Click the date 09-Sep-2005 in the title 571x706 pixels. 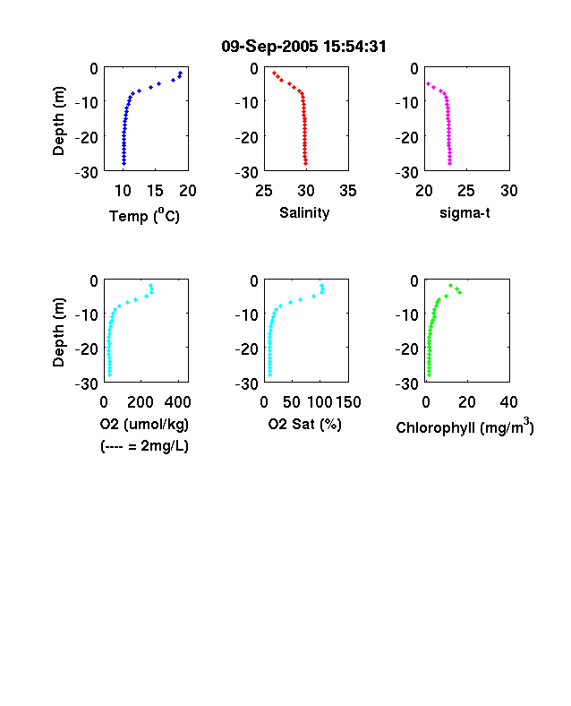click(x=269, y=47)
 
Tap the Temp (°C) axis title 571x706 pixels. click(x=144, y=216)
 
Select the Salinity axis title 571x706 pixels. click(x=304, y=213)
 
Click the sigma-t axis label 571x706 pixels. click(x=464, y=212)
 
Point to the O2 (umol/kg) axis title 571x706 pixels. click(x=144, y=424)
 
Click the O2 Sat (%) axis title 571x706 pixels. click(x=305, y=424)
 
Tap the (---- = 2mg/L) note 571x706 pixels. click(x=144, y=446)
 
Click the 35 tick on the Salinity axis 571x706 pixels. click(x=348, y=191)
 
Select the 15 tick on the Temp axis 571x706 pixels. click(x=155, y=191)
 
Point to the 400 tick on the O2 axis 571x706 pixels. click(x=177, y=402)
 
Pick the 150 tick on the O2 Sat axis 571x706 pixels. click(x=348, y=402)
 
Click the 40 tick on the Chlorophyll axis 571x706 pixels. click(x=508, y=402)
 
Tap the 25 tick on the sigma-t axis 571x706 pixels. click(x=466, y=191)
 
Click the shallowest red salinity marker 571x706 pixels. click(x=274, y=73)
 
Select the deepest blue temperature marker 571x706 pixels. click(x=124, y=163)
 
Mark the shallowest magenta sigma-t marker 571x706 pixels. click(x=428, y=83)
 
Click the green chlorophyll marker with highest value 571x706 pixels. click(x=459, y=293)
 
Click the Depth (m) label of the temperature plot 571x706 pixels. click(x=58, y=121)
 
